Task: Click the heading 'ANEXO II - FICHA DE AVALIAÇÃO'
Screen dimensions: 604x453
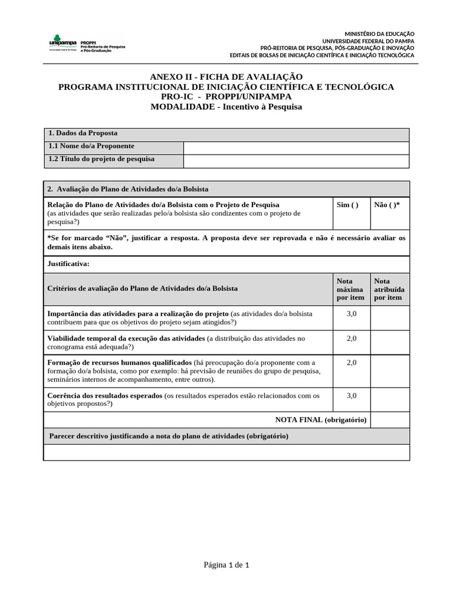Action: pos(226,77)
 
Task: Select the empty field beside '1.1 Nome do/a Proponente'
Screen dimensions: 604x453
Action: pos(296,147)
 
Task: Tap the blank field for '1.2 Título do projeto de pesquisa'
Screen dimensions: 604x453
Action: pos(296,160)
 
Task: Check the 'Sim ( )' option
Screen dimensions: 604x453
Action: pos(347,205)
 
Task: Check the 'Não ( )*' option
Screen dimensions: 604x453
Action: pos(387,205)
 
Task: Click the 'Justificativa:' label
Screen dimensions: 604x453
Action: pos(68,264)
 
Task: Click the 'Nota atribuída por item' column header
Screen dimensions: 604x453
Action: pos(389,289)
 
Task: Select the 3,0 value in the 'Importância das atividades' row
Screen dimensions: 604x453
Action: pos(352,314)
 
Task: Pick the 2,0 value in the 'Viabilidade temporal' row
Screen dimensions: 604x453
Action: pos(352,338)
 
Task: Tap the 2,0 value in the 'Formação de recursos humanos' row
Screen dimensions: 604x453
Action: pos(352,363)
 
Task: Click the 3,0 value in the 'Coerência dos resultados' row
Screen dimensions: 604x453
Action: pos(352,395)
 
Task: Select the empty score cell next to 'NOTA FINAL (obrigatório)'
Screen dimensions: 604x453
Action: pos(389,419)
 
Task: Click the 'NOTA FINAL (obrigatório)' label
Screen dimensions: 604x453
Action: pos(321,419)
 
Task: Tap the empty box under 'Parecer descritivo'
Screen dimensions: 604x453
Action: pos(226,452)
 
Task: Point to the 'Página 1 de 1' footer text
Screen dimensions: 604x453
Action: pos(226,565)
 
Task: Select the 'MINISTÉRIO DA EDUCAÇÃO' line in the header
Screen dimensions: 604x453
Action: pos(379,34)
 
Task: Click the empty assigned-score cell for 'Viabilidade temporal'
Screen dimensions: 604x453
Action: pos(389,342)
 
